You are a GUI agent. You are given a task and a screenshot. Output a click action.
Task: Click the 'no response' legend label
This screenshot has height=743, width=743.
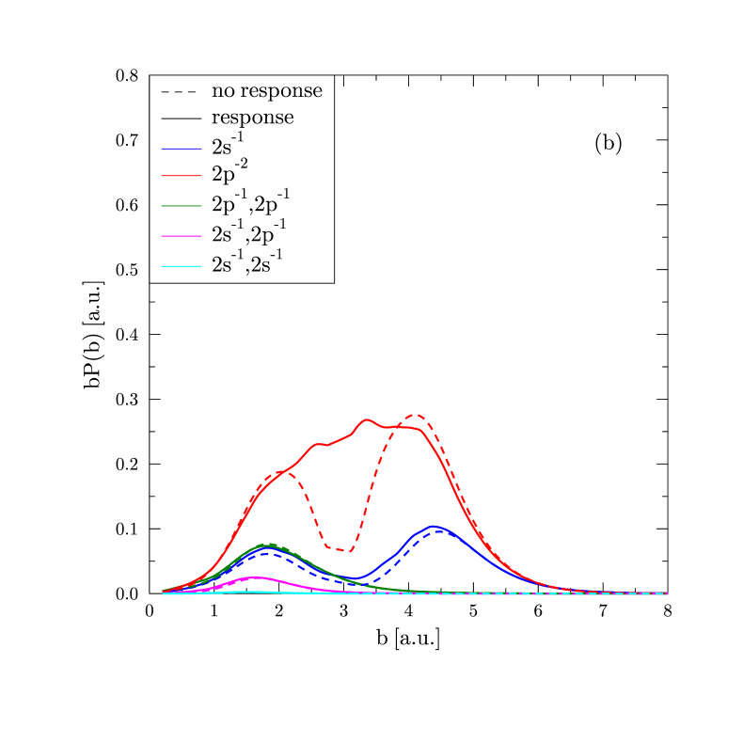point(266,91)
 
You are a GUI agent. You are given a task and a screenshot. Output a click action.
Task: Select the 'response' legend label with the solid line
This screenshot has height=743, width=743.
point(252,118)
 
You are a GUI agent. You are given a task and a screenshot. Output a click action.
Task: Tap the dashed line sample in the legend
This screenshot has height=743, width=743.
point(181,92)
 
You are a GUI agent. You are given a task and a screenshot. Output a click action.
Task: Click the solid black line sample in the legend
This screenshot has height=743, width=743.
point(181,119)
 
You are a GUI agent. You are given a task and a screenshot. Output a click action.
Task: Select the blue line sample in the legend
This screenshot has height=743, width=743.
point(181,149)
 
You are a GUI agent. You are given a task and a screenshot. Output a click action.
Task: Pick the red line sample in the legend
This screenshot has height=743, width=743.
point(181,176)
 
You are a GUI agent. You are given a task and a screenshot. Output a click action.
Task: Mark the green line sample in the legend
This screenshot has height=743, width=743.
point(181,205)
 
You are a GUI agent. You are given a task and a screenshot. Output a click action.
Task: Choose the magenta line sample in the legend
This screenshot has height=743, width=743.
point(181,236)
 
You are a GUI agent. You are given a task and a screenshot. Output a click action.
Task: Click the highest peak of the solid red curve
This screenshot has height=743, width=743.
point(368,420)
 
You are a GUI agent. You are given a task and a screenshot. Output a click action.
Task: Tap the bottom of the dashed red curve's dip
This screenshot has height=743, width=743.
point(350,551)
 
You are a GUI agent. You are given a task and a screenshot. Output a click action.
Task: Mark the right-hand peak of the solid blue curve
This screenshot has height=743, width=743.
point(433,527)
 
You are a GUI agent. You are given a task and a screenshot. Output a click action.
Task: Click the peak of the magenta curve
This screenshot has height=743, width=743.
point(254,577)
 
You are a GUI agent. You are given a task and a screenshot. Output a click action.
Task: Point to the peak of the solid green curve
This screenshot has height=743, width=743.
point(268,545)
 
